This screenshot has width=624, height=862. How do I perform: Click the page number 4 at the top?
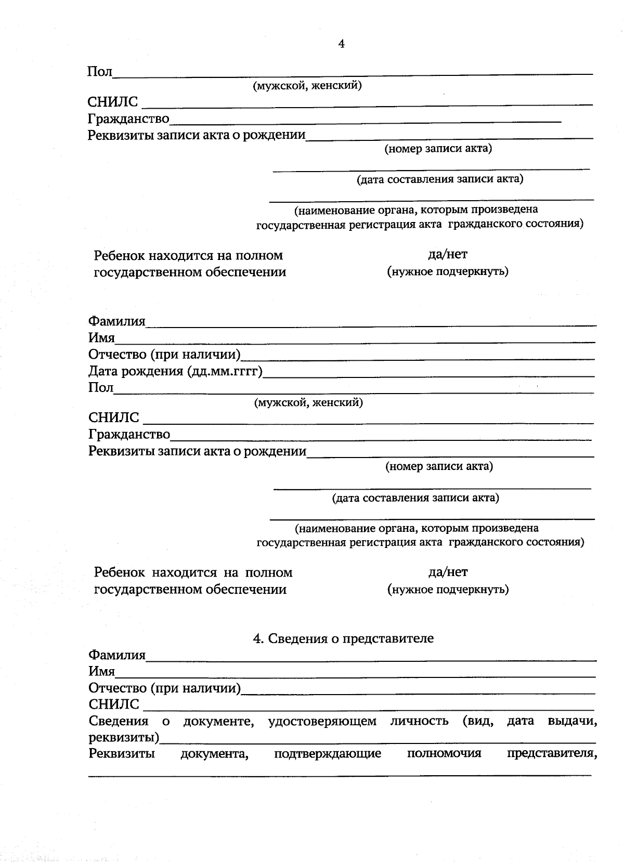click(341, 44)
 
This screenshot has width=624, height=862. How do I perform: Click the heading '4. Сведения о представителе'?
click(343, 638)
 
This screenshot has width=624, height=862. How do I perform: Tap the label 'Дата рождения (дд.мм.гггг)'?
click(175, 371)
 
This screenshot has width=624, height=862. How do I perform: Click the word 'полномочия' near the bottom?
click(444, 753)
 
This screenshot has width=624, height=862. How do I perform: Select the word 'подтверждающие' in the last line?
click(328, 753)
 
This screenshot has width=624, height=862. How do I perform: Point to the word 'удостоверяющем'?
click(322, 721)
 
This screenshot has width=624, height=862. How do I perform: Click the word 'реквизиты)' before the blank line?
click(124, 737)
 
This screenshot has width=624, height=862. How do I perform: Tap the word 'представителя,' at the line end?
click(551, 753)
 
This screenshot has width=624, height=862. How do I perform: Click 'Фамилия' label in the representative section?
click(117, 655)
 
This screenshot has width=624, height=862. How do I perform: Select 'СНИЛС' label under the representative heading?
click(114, 704)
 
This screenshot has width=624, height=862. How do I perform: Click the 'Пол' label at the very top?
click(100, 72)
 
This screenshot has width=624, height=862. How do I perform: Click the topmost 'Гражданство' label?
click(128, 119)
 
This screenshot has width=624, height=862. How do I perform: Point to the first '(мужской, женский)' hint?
click(307, 85)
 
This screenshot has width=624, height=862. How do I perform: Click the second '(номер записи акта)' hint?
click(439, 466)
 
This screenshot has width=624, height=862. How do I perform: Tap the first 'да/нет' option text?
click(447, 254)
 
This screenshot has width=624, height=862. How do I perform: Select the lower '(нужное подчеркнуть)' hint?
click(448, 589)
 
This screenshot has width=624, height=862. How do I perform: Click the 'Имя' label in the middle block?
click(101, 338)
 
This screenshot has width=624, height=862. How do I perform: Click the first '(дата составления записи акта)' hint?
click(439, 179)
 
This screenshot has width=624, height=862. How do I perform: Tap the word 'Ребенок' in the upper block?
click(119, 256)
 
